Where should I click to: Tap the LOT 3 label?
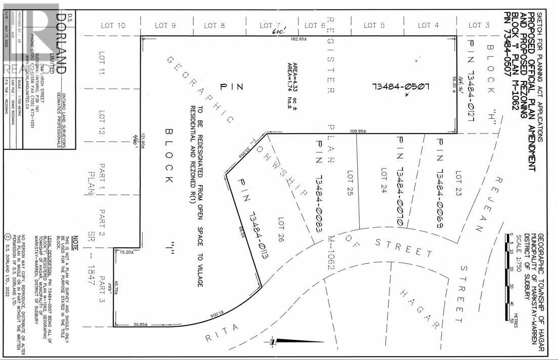478,25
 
